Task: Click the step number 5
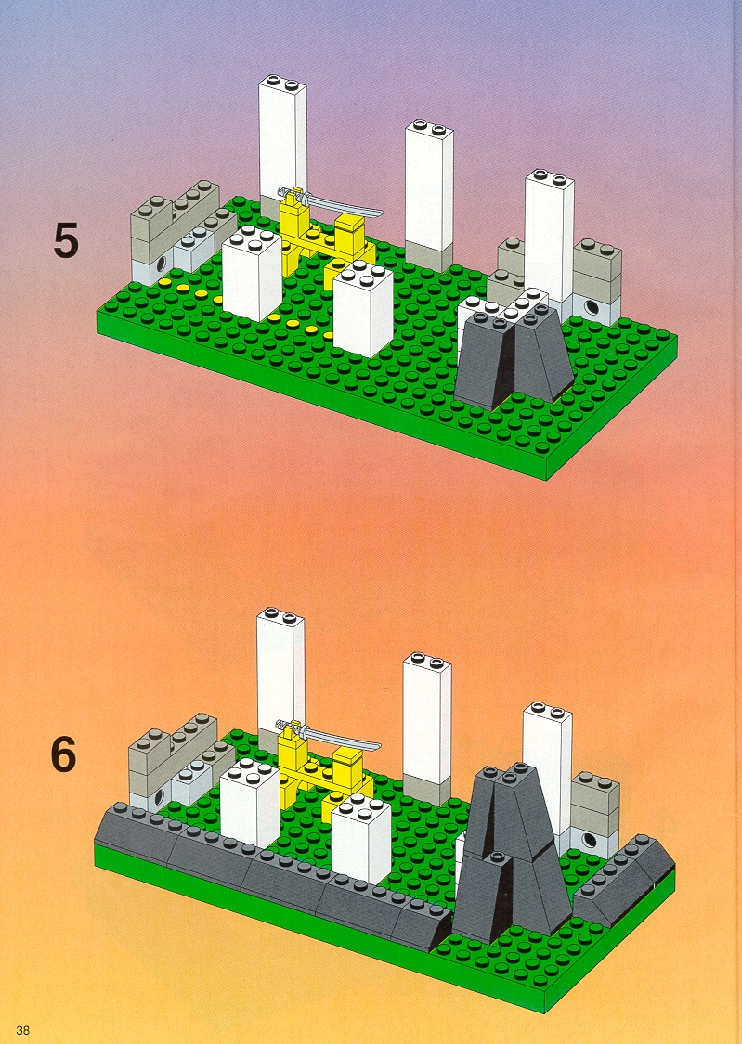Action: click(66, 240)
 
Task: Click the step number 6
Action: click(64, 754)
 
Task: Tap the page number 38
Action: click(22, 1030)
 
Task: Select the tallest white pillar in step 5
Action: click(282, 143)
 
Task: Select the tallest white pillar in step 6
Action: click(280, 673)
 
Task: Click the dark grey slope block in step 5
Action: click(514, 357)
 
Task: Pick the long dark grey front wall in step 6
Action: click(267, 859)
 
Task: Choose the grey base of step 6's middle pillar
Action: click(426, 788)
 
